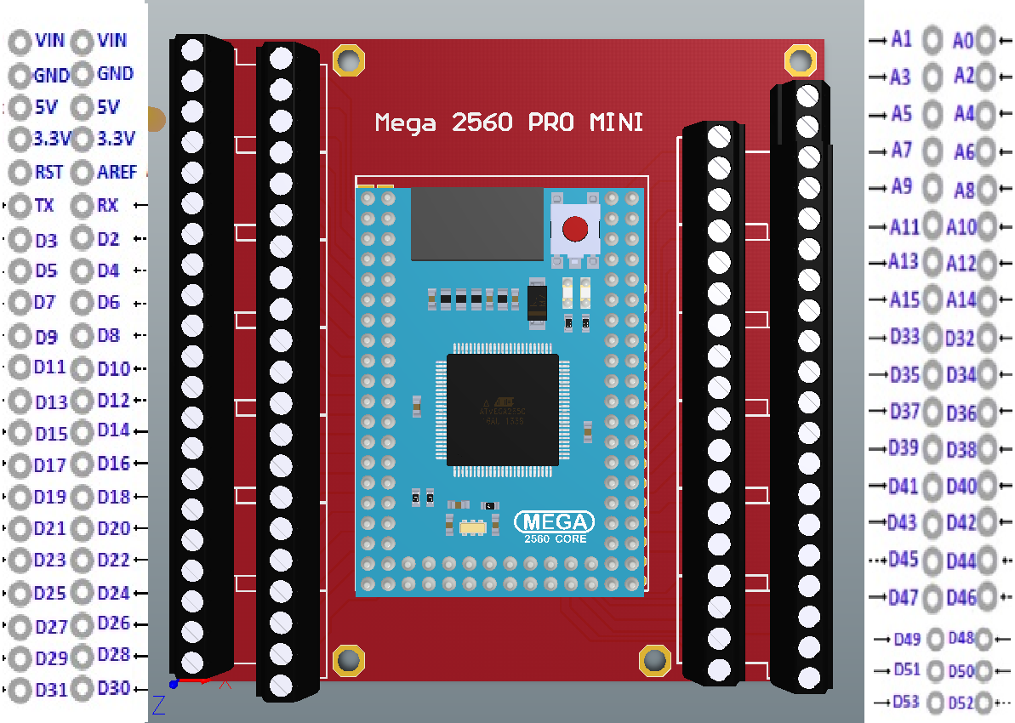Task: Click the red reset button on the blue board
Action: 575,229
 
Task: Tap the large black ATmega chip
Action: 503,409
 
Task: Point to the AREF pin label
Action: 117,172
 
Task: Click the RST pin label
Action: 49,172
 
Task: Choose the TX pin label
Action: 44,205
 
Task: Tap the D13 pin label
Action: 51,401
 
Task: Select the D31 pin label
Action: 51,690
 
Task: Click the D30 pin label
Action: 114,688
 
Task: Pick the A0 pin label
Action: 963,40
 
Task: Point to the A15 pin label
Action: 905,299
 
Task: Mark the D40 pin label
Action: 961,487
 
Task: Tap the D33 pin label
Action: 905,336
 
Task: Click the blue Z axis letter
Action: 158,704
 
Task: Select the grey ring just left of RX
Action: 82,205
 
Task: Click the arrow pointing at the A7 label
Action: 876,151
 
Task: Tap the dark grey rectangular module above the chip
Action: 476,224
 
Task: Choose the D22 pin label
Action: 114,560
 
